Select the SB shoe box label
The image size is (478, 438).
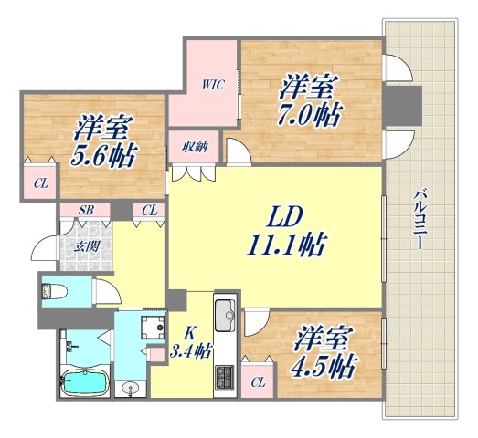click(x=85, y=211)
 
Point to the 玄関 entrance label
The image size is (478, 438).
click(x=86, y=245)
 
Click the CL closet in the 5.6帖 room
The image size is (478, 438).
click(x=40, y=183)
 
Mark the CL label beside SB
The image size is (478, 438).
click(x=149, y=211)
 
